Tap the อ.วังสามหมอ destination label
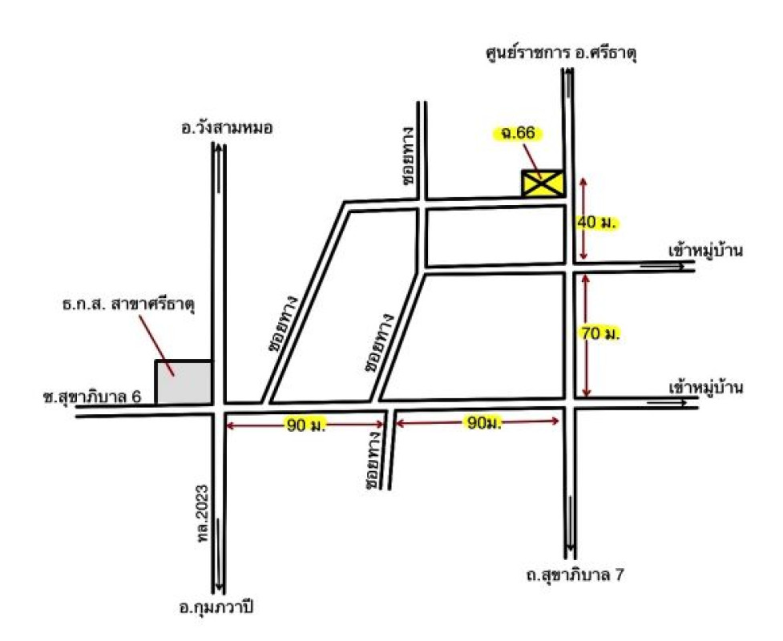tap(228, 126)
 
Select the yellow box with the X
tap(542, 183)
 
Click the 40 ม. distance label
tap(597, 223)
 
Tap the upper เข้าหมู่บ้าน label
tap(706, 250)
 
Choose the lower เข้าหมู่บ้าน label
tap(706, 389)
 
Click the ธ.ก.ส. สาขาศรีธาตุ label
tap(129, 305)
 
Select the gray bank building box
tap(184, 383)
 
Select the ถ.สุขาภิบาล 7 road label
tap(569, 576)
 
